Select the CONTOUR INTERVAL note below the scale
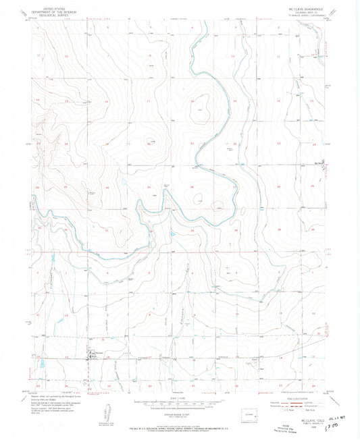[180, 414]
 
